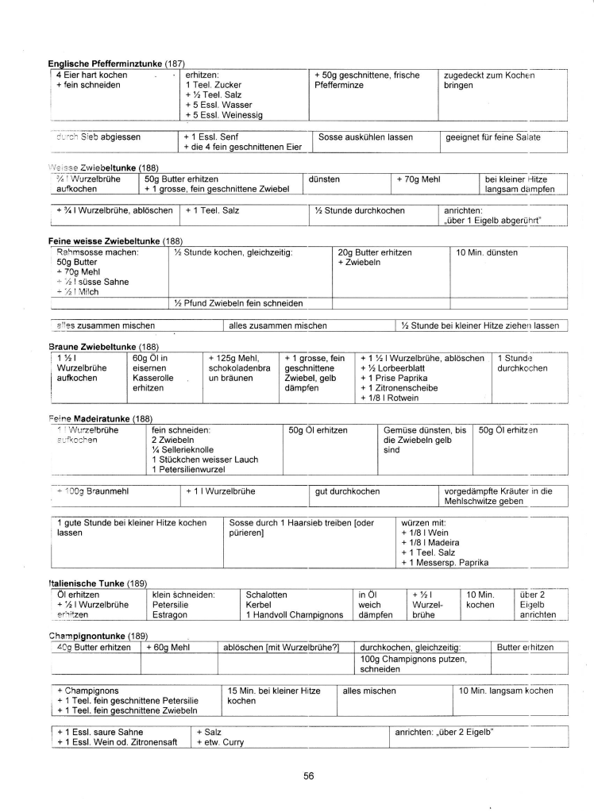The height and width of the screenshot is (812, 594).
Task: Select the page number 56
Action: click(310, 776)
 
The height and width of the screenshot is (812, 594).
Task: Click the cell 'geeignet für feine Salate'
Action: click(492, 137)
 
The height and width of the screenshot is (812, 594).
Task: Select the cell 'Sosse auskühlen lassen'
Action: click(365, 137)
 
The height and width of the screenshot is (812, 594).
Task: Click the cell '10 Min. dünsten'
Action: click(486, 252)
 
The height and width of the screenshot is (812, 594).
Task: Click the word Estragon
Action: click(171, 614)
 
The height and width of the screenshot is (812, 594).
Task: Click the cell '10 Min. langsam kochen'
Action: click(507, 691)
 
